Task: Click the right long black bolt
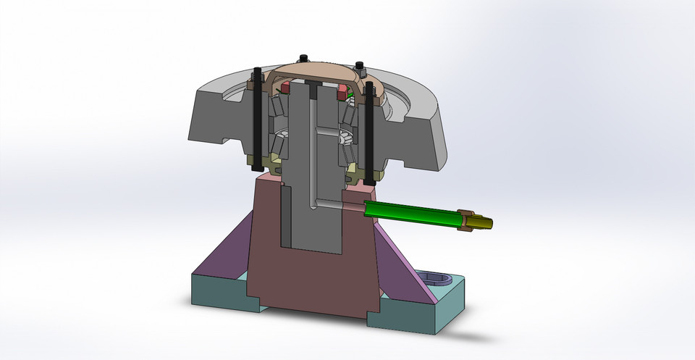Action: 370,134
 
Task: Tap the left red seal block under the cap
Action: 285,88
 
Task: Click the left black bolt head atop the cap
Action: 304,58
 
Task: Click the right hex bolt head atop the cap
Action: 360,68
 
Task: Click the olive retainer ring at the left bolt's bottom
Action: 257,161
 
